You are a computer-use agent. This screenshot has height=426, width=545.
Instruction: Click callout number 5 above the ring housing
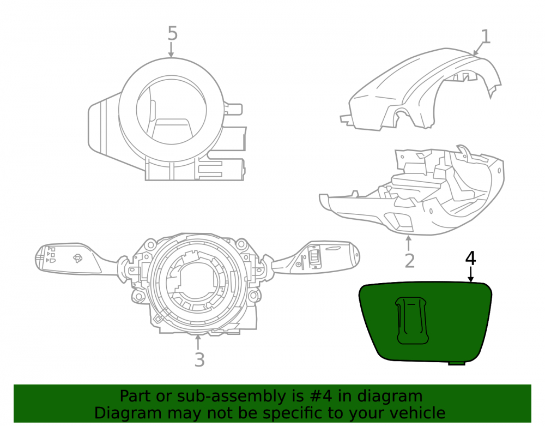coord(172,33)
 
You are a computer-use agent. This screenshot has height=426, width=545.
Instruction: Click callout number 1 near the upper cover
coord(486,37)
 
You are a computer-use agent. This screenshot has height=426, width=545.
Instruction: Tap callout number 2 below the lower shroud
coord(410,261)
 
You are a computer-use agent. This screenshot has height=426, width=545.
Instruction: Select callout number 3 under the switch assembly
coord(199,359)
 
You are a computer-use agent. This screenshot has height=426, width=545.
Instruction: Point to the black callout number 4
coord(470,259)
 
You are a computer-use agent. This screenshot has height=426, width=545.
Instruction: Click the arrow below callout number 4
coord(471,274)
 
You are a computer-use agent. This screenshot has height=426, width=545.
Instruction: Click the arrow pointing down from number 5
coord(171,50)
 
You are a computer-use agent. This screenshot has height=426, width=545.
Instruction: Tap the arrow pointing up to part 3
coord(198,342)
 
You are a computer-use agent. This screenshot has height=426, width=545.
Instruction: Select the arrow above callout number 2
coord(409,243)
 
